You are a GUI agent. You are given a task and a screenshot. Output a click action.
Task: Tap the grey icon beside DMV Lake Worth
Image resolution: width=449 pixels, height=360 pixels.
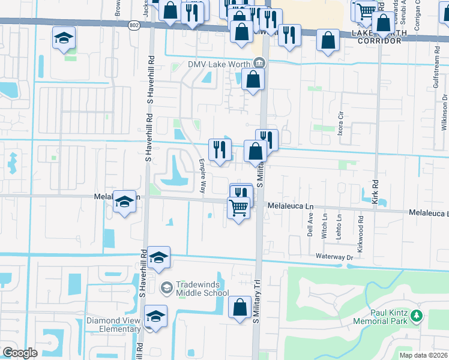pyautogui.click(x=259, y=62)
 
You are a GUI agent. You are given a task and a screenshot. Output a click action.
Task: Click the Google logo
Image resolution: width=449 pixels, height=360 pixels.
pyautogui.click(x=20, y=353)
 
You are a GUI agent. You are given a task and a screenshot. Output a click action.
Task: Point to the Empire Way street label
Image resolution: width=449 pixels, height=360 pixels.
pyautogui.click(x=202, y=170)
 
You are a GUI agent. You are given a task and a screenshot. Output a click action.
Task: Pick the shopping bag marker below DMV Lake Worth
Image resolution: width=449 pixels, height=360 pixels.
pyautogui.click(x=253, y=79)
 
